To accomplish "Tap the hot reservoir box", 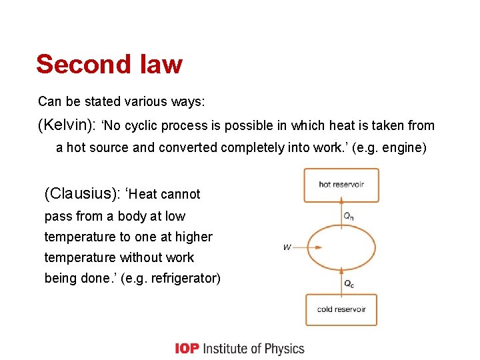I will (341, 185).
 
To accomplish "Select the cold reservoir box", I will (341, 309).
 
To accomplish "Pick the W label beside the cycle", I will (287, 247).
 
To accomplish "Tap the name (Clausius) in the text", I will (81, 194).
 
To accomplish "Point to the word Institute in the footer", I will (225, 349).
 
